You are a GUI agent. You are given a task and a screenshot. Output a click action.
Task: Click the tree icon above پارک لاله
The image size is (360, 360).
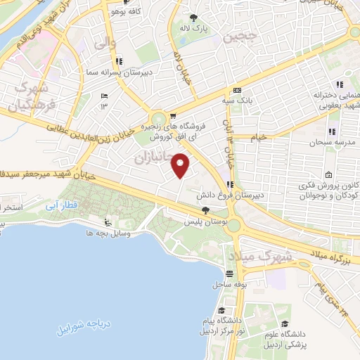[194, 17]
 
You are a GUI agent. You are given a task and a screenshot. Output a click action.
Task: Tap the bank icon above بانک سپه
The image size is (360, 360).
[237, 91]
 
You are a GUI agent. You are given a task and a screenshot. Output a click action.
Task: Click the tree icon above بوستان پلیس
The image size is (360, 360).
[205, 210]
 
